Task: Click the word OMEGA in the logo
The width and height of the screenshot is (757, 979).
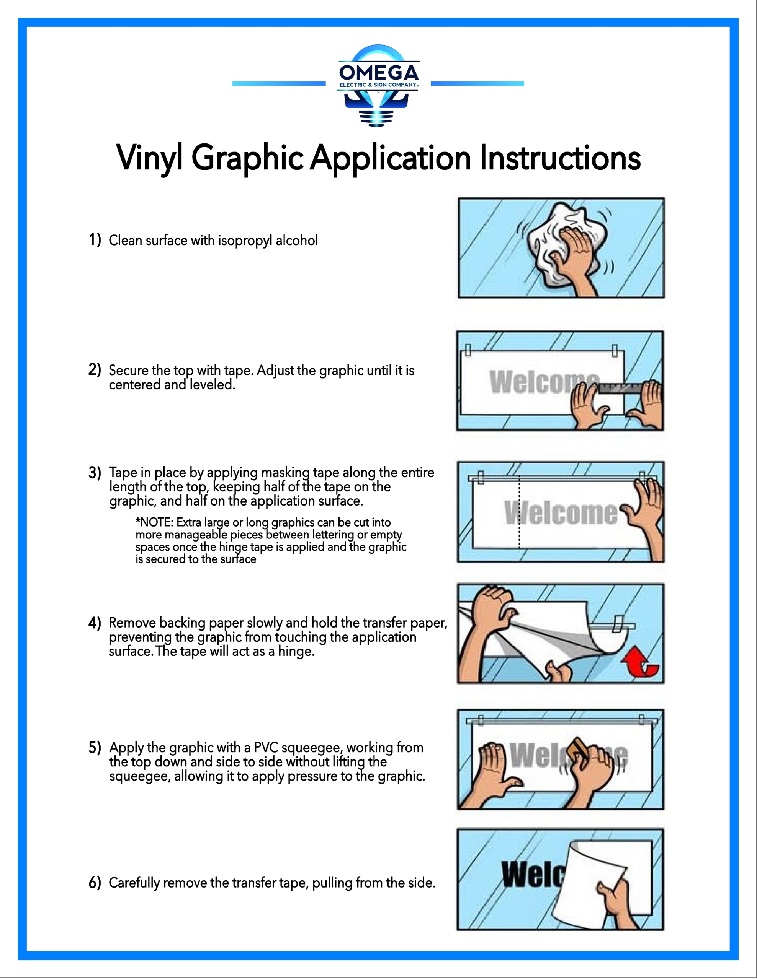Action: (379, 72)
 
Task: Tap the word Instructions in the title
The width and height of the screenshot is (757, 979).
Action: (560, 158)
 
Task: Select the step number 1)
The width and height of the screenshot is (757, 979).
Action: (95, 240)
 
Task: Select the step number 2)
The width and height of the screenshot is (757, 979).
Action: (95, 370)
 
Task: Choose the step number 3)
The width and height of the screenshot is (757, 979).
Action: (95, 472)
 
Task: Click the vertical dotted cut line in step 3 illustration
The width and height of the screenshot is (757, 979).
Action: (519, 511)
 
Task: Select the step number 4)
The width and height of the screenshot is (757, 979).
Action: (95, 623)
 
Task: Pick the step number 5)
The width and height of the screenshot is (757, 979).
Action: (95, 747)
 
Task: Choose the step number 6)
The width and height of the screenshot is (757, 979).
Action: (95, 883)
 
